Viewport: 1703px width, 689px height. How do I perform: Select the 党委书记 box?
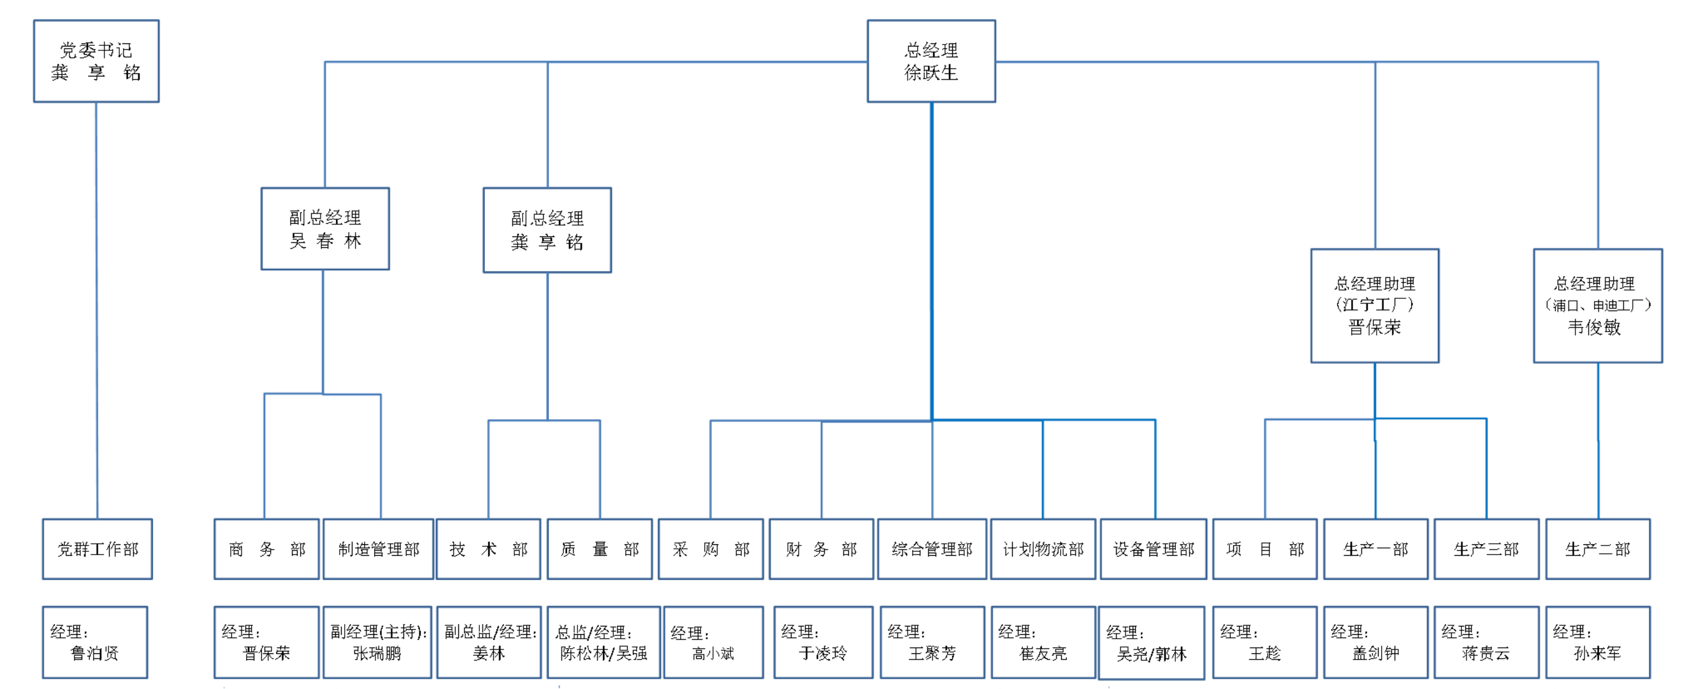click(96, 61)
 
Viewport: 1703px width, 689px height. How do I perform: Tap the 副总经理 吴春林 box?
click(325, 229)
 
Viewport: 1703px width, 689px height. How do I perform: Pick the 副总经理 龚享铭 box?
click(547, 230)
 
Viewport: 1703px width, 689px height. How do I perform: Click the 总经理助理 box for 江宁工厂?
click(1375, 305)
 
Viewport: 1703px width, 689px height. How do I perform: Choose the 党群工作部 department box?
click(98, 549)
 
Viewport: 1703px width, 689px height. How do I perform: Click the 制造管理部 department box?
click(379, 549)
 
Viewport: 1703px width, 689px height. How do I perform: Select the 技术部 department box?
click(489, 549)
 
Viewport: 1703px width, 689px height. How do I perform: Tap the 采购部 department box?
click(711, 549)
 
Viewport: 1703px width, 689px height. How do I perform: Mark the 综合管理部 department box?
click(932, 549)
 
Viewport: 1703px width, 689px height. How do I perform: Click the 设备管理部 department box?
click(1154, 549)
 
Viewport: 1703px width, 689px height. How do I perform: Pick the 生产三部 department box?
click(1487, 549)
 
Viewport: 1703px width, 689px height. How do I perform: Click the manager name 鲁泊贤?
click(94, 653)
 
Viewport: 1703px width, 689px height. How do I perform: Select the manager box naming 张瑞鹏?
click(377, 642)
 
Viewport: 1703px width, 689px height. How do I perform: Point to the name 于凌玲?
click(823, 653)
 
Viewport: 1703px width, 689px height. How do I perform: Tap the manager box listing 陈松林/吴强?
click(604, 642)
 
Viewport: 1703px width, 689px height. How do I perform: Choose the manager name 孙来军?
click(1598, 653)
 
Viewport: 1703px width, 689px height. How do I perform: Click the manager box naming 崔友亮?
click(1043, 642)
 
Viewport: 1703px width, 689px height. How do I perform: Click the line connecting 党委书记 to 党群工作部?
click(96, 311)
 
